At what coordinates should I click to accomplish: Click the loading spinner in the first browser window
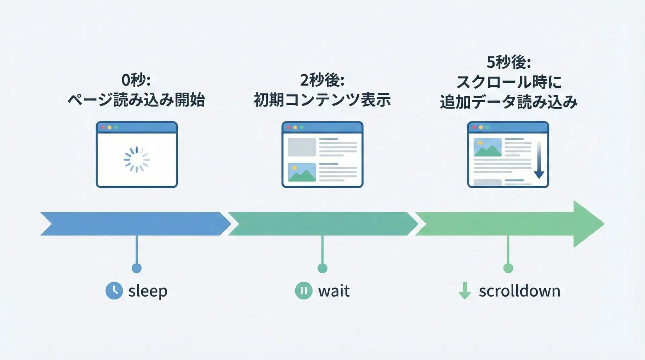(136, 160)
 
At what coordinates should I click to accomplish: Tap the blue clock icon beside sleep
(114, 290)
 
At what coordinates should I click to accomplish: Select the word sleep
(148, 291)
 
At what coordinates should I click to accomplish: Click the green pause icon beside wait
(303, 290)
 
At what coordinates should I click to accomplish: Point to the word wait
(334, 291)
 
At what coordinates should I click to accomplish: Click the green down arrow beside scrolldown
(465, 290)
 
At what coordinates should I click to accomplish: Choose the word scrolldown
(519, 291)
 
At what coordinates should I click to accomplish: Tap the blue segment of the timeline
(134, 224)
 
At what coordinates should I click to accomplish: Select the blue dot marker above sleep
(136, 268)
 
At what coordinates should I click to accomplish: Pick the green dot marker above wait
(322, 268)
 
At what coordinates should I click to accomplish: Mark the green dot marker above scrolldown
(508, 268)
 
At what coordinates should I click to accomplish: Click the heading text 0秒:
(136, 80)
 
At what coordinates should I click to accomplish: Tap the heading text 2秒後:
(322, 80)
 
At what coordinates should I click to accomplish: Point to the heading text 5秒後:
(508, 62)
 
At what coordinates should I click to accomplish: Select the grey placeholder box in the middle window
(302, 147)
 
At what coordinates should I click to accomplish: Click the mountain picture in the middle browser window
(302, 172)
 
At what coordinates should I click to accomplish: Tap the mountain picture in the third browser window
(487, 147)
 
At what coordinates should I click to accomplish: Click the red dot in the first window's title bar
(103, 128)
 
